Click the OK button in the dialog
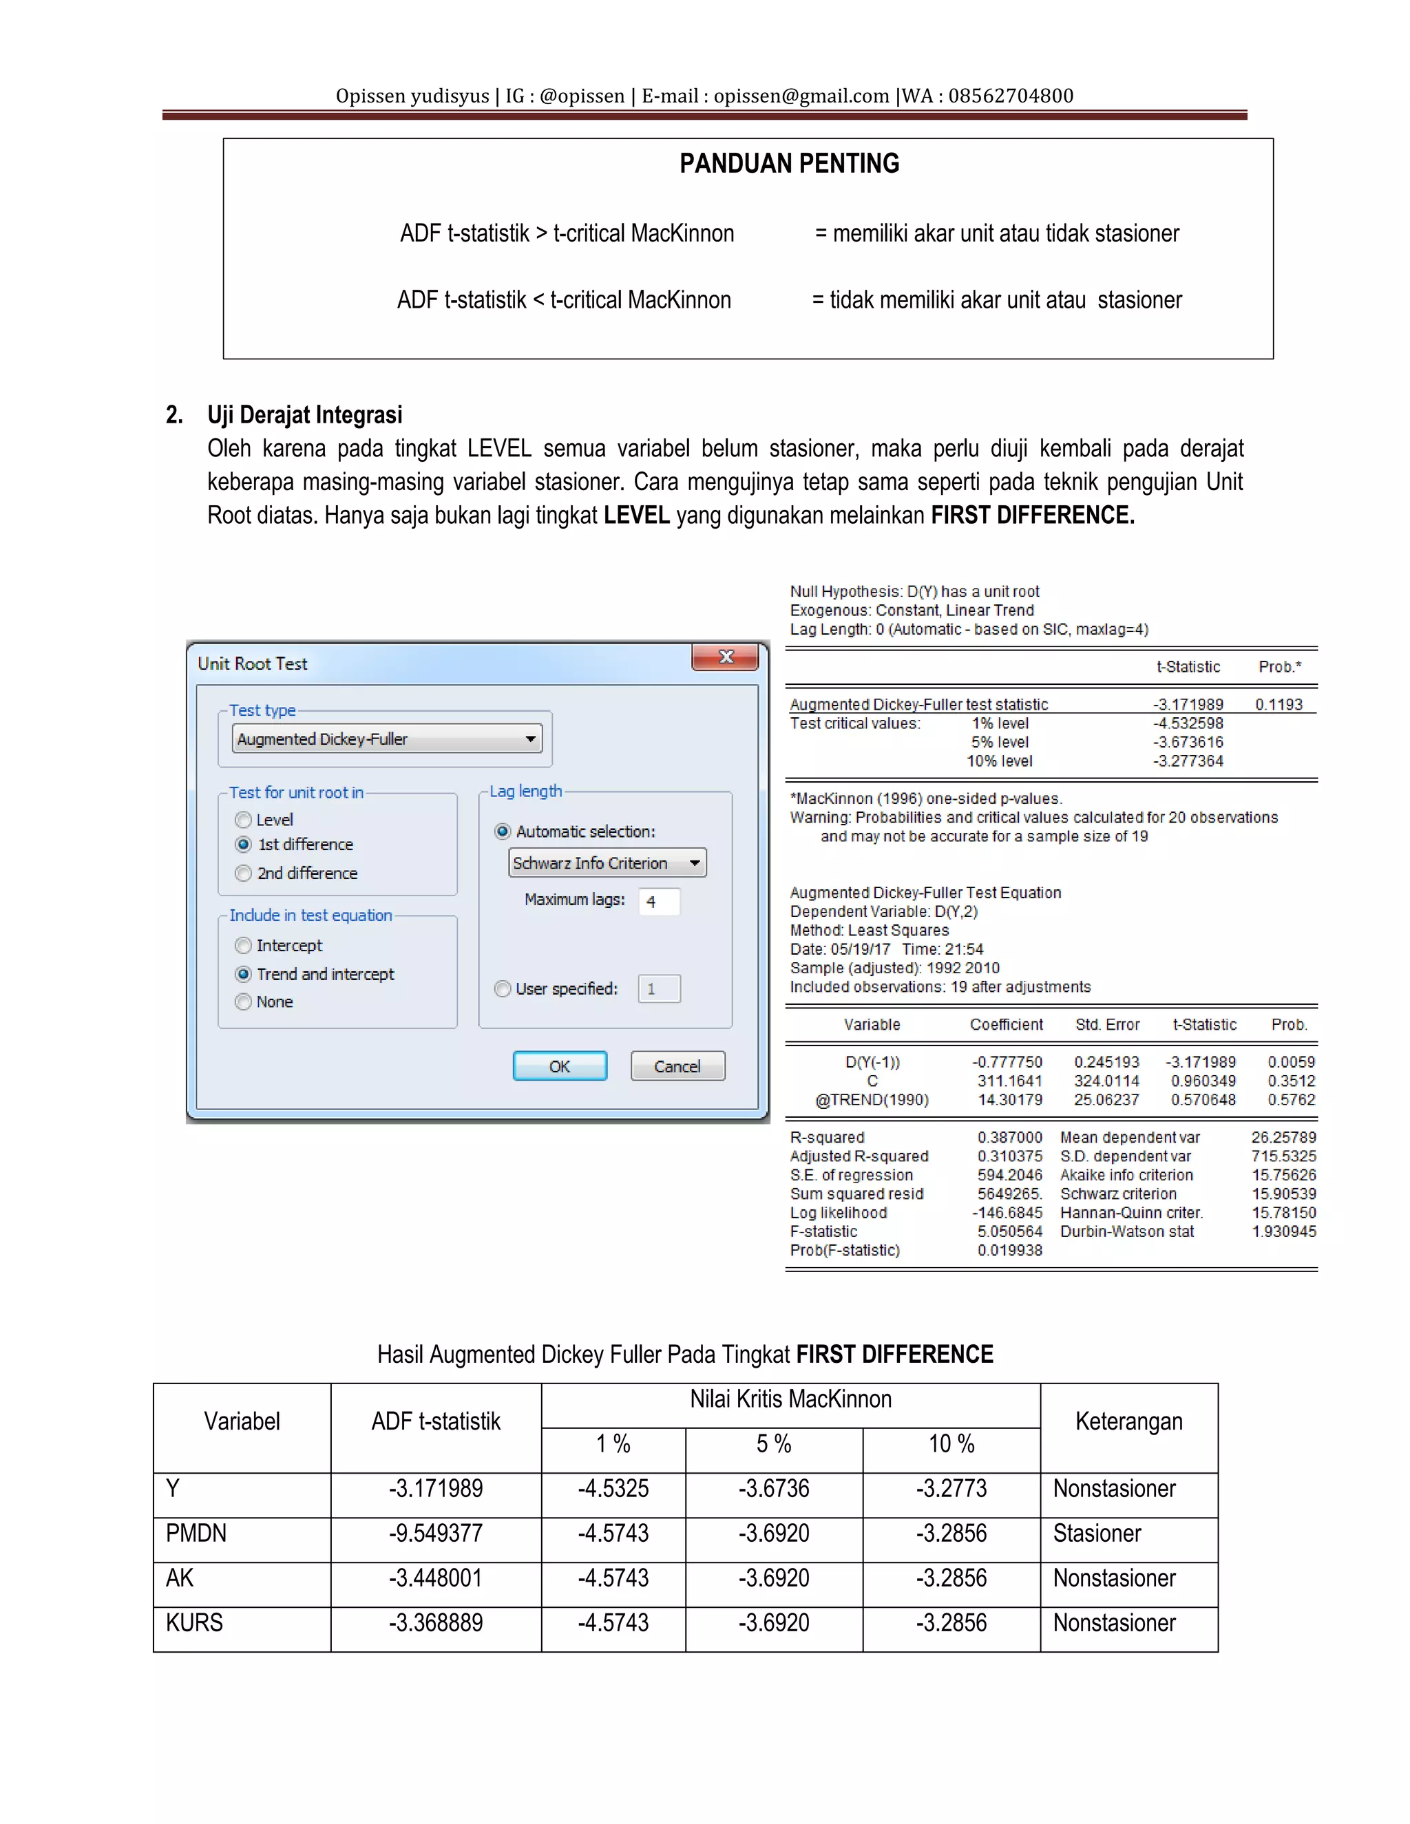tap(559, 1065)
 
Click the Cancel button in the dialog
tap(677, 1065)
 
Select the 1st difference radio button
tap(244, 845)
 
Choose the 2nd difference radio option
tap(244, 873)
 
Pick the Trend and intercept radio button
tap(244, 974)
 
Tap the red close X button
tap(725, 657)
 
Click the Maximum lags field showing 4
tap(658, 901)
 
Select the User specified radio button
tap(503, 989)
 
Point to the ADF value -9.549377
tap(435, 1534)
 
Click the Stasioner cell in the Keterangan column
tap(1097, 1534)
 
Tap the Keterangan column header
tap(1128, 1421)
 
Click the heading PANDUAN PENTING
tap(790, 164)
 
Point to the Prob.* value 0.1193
tap(1278, 705)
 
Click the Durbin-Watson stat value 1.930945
tap(1283, 1231)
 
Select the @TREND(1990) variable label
tap(872, 1100)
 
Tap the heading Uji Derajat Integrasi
tap(304, 415)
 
